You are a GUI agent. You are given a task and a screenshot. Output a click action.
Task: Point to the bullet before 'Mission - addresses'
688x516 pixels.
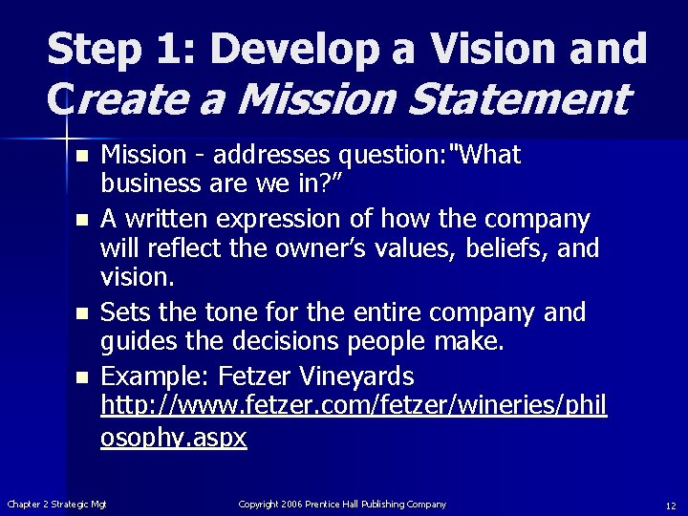83,155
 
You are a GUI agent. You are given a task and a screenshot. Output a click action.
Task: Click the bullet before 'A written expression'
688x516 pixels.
83,221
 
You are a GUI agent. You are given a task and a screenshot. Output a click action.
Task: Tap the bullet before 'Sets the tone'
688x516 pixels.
83,312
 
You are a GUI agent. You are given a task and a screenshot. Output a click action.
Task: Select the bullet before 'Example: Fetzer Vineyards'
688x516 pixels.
83,377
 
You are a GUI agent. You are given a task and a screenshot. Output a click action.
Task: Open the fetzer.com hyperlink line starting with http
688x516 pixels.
355,405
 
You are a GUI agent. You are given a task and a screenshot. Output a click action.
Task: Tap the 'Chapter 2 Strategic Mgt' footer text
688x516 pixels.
57,504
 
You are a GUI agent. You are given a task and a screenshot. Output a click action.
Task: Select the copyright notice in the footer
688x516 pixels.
342,504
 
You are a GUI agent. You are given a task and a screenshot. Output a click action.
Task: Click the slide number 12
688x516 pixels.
671,505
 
